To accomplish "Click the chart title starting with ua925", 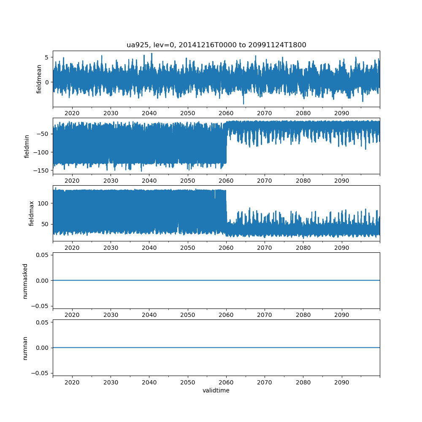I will tap(216, 45).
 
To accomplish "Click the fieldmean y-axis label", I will tap(39, 79).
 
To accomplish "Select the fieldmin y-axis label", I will tap(27, 146).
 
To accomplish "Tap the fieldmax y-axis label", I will tap(31, 213).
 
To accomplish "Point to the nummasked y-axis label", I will tap(25, 281).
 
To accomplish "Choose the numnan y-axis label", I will tap(25, 348).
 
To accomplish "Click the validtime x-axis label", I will tap(216, 391).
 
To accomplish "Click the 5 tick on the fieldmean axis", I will tap(47, 57).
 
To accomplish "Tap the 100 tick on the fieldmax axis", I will tap(44, 203).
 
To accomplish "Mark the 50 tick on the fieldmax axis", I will tap(45, 224).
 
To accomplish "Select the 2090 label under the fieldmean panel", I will tap(342, 114).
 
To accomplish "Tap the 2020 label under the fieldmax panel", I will tap(72, 248).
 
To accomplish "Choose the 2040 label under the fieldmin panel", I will tap(149, 181).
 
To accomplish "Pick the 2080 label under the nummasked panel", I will tap(303, 315).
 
